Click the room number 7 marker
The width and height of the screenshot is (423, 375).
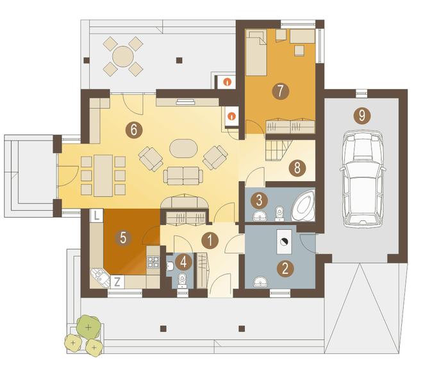click(x=281, y=91)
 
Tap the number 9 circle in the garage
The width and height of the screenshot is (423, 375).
click(x=362, y=116)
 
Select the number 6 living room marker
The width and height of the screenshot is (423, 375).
click(x=134, y=130)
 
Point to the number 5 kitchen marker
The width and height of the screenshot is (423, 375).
click(x=123, y=238)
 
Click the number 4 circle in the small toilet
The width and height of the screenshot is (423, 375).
click(x=184, y=262)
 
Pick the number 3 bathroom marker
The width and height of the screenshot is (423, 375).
click(x=260, y=200)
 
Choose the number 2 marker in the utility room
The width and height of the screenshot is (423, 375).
click(x=285, y=269)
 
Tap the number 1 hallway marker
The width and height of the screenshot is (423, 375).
click(x=210, y=241)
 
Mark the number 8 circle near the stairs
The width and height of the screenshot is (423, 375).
click(x=297, y=168)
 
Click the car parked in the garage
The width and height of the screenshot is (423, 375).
click(x=363, y=179)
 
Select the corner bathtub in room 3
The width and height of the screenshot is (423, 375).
click(x=304, y=205)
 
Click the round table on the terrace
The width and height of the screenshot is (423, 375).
click(x=123, y=56)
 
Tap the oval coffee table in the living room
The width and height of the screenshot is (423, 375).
click(x=183, y=148)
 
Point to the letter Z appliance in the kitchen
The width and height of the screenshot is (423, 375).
click(x=117, y=282)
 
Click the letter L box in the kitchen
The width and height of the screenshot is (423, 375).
click(x=97, y=216)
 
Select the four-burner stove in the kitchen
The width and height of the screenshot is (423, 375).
click(x=153, y=262)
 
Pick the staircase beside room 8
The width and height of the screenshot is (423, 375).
click(x=279, y=150)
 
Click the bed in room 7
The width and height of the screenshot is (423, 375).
click(x=256, y=52)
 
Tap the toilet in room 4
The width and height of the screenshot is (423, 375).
click(x=183, y=280)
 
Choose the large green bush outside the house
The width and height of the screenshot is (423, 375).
click(x=88, y=327)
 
